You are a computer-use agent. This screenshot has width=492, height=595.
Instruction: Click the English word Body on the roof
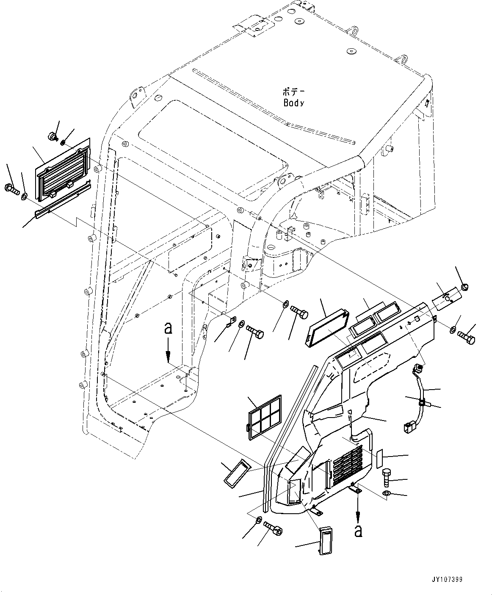tap(293, 102)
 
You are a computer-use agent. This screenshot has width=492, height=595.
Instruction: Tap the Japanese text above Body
tap(293, 91)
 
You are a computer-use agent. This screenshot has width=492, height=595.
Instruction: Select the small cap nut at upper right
tap(464, 288)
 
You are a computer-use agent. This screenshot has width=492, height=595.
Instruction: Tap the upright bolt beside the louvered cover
tap(387, 478)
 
